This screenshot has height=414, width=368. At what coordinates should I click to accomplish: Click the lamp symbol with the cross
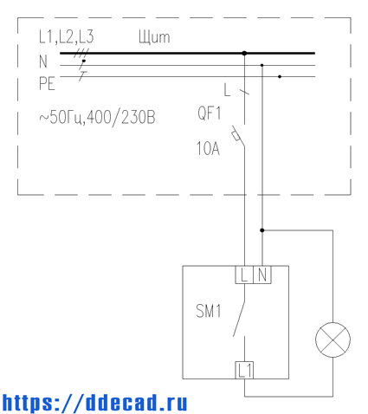pos(332,340)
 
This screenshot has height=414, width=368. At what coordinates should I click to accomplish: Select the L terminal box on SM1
pos(244,275)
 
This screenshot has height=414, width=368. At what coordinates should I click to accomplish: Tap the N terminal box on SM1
pos(262,275)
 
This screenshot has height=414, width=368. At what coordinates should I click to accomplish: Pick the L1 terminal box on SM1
pos(244,370)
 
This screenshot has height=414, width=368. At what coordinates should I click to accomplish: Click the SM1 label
pos(209,311)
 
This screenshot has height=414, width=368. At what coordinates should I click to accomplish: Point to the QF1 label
pos(210,113)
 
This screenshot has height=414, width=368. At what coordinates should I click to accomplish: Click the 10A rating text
pos(208,148)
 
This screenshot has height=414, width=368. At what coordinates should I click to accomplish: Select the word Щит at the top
pos(154,37)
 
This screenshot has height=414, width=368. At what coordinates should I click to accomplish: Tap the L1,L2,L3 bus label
pos(67,37)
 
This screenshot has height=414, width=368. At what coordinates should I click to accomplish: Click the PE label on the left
pos(47,83)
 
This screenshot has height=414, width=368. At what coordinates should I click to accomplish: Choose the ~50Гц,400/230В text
pos(97,118)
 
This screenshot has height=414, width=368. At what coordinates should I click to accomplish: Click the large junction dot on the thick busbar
pos(244,53)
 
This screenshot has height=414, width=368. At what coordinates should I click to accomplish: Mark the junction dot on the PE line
pos(280,77)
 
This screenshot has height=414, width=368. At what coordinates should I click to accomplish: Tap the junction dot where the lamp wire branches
pos(262,230)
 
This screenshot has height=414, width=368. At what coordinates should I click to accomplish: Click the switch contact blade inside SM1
pos(239,319)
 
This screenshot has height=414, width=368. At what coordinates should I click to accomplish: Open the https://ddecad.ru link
pos(94,402)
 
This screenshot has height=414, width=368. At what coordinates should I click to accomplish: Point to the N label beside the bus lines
pos(43,61)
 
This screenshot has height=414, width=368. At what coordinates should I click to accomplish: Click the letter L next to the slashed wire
pos(227,90)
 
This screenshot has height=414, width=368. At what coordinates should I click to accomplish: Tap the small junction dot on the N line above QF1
pos(262,65)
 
